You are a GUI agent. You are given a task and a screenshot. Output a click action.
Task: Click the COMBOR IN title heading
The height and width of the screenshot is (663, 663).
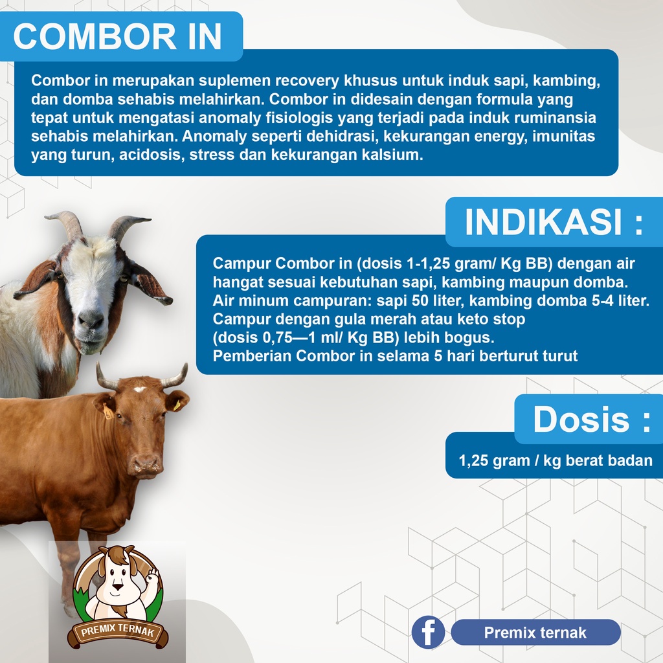[x=118, y=36]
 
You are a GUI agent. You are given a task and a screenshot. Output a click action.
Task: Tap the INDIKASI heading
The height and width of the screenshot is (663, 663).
[x=554, y=222]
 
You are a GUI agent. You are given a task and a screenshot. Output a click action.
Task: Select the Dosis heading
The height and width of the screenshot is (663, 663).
[x=592, y=419]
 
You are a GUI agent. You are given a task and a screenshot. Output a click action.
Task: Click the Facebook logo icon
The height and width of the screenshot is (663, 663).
[x=429, y=632]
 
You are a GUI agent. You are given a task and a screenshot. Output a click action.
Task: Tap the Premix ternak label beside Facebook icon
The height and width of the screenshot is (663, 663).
[x=535, y=633]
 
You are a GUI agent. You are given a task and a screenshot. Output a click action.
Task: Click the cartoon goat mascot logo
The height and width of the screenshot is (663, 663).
[x=118, y=597]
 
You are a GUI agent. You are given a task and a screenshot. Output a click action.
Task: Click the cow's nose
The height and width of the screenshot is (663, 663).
[x=146, y=465]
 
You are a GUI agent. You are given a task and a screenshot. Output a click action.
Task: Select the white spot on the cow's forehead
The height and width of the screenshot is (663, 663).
[x=140, y=389]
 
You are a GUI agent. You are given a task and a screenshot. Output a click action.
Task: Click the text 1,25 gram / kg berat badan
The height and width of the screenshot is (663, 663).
[x=556, y=460]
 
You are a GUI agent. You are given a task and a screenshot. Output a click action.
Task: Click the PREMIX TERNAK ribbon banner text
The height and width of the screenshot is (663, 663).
[x=118, y=631]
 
